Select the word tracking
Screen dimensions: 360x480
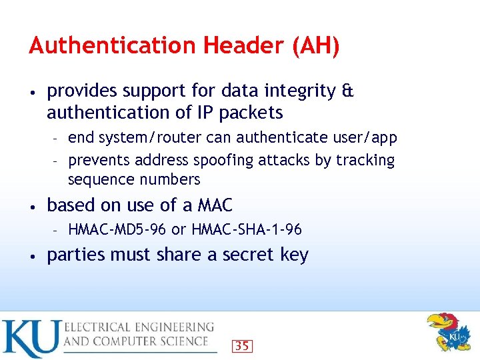coord(365,161)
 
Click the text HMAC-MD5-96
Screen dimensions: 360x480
coord(117,230)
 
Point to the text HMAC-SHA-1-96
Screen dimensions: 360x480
coord(247,230)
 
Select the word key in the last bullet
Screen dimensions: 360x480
coord(293,255)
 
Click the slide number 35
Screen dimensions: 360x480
coord(243,345)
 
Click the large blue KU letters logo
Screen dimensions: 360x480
coord(30,339)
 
